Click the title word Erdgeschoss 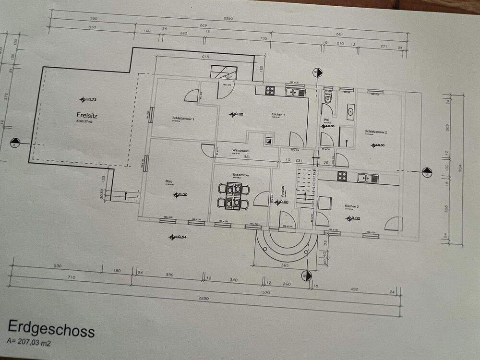point(51,330)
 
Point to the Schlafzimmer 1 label point(183,118)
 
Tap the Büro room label point(169,181)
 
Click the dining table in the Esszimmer point(233,195)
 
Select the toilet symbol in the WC point(328,98)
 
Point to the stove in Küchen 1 point(270,90)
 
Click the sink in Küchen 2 point(367,178)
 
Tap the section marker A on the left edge point(14,143)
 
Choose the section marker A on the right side point(425,172)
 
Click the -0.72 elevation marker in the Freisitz point(88,100)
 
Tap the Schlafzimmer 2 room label point(375,131)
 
